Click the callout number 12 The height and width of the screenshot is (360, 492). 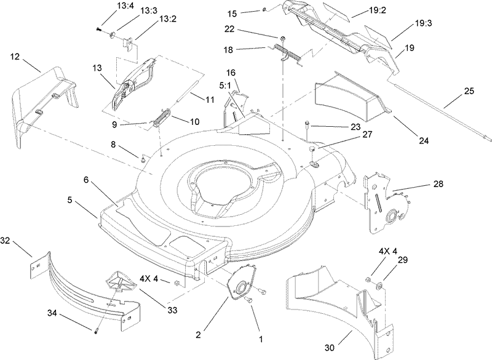coord(15,57)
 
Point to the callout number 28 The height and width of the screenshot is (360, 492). coord(437,184)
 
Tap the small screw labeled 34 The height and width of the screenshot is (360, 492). coord(97,333)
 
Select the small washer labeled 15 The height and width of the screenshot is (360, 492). coord(264,10)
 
